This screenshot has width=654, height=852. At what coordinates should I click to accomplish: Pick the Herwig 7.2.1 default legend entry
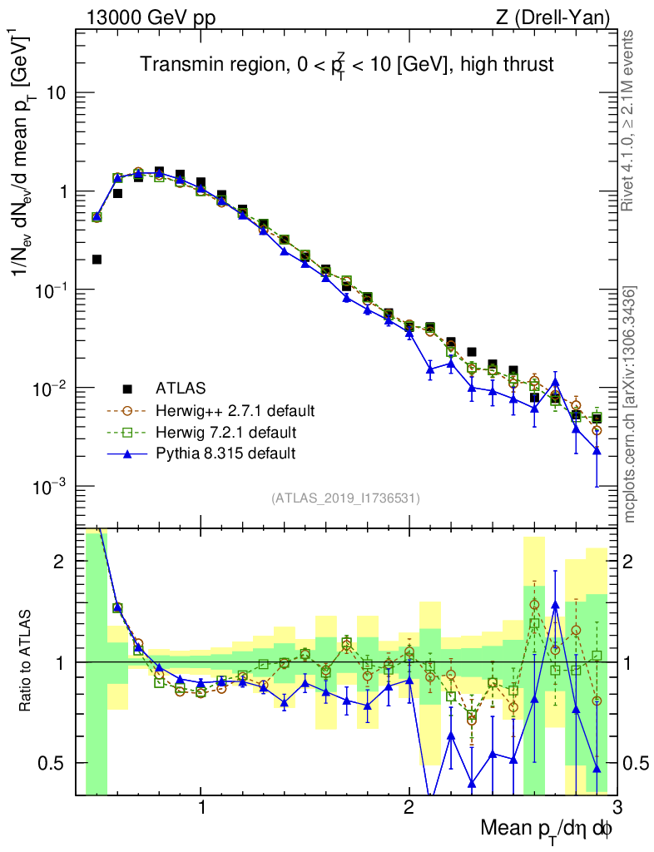(227, 432)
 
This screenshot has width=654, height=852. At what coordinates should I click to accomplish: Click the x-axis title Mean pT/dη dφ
(547, 828)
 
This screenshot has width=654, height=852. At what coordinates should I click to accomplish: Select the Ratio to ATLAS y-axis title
(27, 661)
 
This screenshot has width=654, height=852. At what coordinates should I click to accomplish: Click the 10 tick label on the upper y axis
(57, 93)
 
